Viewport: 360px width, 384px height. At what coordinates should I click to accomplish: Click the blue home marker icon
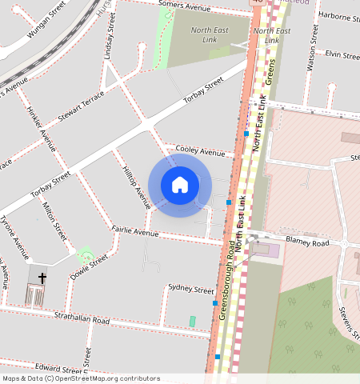(x=180, y=185)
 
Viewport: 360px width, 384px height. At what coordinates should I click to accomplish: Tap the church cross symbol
(x=42, y=278)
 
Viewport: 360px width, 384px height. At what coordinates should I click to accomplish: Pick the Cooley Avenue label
(x=201, y=152)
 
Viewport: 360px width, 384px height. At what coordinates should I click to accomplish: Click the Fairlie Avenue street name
(x=134, y=232)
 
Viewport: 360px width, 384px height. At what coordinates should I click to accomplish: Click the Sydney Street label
(x=191, y=290)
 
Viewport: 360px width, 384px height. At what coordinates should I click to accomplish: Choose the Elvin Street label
(x=342, y=54)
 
